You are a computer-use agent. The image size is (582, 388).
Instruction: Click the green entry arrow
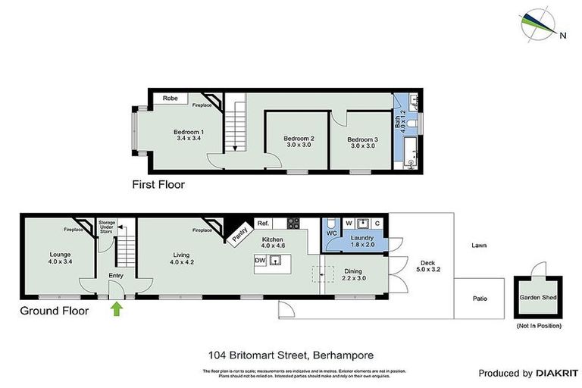(116, 309)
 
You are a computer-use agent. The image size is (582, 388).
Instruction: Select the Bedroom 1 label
(189, 135)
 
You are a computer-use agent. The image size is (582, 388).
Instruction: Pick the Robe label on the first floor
(171, 99)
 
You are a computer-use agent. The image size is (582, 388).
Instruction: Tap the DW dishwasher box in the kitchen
(260, 260)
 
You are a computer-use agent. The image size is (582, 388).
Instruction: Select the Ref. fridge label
(263, 223)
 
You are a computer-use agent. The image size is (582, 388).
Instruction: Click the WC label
(331, 233)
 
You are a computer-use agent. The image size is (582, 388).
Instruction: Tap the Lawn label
(478, 246)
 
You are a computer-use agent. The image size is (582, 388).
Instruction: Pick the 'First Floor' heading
(158, 184)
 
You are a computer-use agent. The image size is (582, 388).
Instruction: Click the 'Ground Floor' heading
(54, 311)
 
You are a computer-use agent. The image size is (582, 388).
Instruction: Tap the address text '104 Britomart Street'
(258, 354)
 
